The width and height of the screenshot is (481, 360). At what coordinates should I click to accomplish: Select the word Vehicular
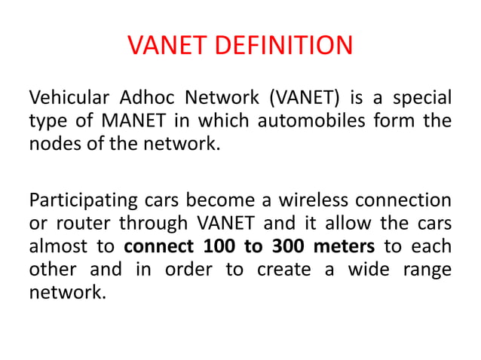tap(66, 98)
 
